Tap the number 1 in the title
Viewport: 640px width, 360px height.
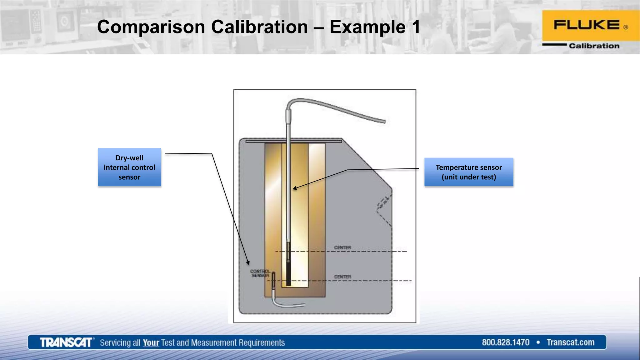coord(416,27)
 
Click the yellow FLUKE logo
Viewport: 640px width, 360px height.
coord(590,25)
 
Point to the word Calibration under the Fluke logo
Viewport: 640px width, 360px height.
coord(594,46)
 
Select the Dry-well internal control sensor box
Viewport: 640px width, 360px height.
coord(129,167)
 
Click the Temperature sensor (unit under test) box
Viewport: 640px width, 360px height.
coord(468,172)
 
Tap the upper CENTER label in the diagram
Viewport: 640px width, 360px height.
coord(342,247)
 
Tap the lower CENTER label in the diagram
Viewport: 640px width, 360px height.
coord(342,277)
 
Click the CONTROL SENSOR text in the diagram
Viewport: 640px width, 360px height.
coord(260,273)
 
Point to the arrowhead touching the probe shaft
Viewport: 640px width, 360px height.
coord(294,188)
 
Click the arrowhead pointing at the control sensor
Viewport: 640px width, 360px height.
coord(248,263)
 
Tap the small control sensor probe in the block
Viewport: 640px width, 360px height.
coord(274,281)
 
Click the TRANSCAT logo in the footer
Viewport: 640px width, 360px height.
coord(66,342)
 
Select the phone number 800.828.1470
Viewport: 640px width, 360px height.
coord(505,342)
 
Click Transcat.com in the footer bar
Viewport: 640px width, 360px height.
coord(570,342)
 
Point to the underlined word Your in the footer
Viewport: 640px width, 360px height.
coord(151,343)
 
